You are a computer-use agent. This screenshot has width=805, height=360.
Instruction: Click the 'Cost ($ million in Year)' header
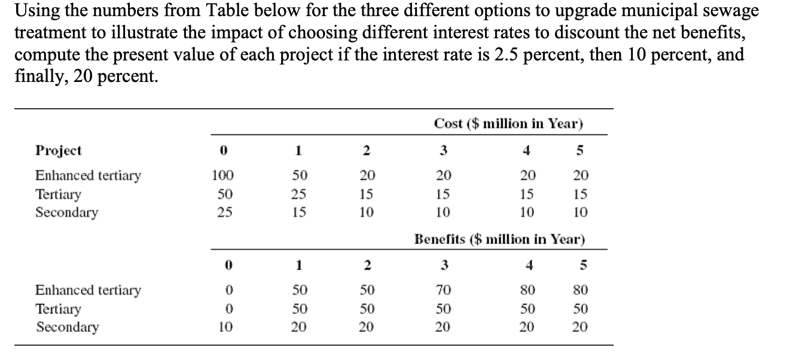[508, 124]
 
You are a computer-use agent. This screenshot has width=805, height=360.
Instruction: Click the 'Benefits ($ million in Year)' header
[499, 239]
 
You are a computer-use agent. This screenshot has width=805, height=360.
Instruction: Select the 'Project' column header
[59, 150]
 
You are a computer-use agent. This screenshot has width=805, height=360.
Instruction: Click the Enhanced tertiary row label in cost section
[88, 175]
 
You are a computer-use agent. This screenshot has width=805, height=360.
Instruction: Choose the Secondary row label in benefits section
[67, 327]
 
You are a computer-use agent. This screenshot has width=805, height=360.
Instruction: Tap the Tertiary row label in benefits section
[58, 309]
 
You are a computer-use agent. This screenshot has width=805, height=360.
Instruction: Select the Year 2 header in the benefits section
[368, 265]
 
